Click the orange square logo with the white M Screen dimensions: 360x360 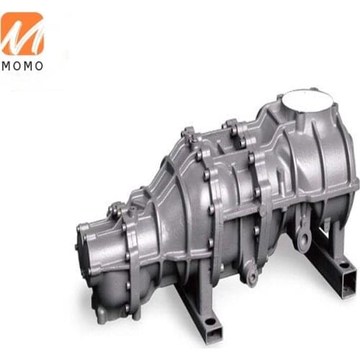[x=22, y=34]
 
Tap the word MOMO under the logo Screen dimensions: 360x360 [x=22, y=66]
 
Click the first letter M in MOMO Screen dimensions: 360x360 [x=6, y=66]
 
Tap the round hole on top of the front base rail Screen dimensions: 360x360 [x=210, y=320]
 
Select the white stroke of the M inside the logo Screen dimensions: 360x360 [x=22, y=36]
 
